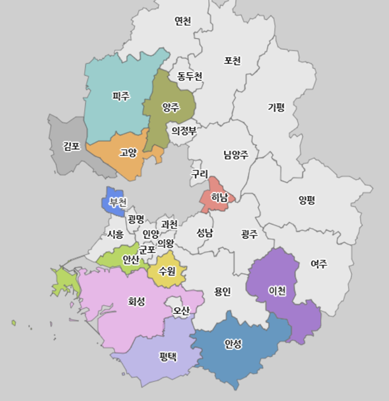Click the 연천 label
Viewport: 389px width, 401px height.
(183, 21)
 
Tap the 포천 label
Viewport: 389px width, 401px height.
(232, 60)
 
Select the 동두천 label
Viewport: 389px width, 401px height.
(189, 76)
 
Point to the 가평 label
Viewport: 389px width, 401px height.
(276, 107)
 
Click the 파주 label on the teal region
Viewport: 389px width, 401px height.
(121, 96)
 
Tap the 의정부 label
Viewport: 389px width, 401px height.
(184, 131)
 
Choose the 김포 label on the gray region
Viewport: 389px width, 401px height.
(72, 146)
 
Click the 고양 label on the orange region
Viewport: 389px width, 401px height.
(128, 152)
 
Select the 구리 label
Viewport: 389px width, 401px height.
(200, 174)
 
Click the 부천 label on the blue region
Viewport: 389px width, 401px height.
(118, 202)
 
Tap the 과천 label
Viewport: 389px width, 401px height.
(169, 224)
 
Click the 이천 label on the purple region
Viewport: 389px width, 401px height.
(277, 291)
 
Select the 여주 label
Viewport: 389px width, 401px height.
(319, 264)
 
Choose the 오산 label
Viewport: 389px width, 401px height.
(182, 310)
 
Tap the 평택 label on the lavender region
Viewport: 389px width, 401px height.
(168, 356)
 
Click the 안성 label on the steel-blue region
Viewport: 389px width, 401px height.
(233, 343)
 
